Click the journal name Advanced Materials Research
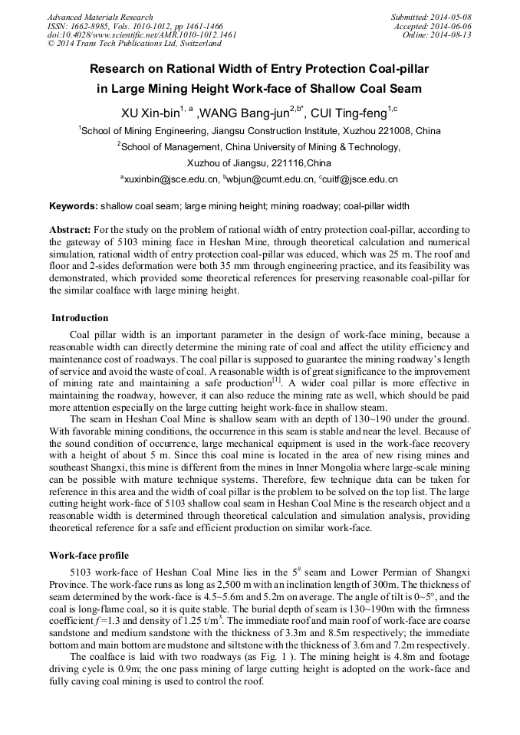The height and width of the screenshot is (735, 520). pos(100,17)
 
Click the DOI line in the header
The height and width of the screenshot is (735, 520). pos(142,34)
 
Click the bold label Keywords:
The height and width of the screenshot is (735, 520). pos(74,206)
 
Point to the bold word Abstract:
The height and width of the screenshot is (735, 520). pos(70,230)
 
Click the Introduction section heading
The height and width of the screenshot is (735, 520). pos(80,318)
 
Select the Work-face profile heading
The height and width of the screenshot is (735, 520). pos(89,555)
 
